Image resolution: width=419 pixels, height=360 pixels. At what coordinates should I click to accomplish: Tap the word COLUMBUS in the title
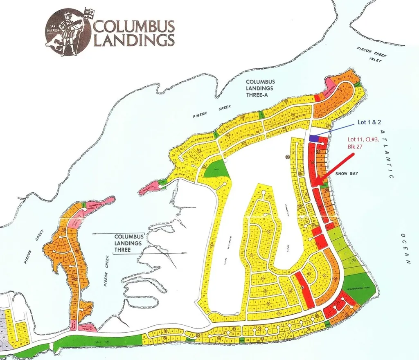[135, 27]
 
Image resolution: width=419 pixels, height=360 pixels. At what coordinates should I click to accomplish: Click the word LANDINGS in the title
[135, 41]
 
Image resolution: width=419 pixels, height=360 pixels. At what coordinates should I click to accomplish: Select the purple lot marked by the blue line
[314, 139]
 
